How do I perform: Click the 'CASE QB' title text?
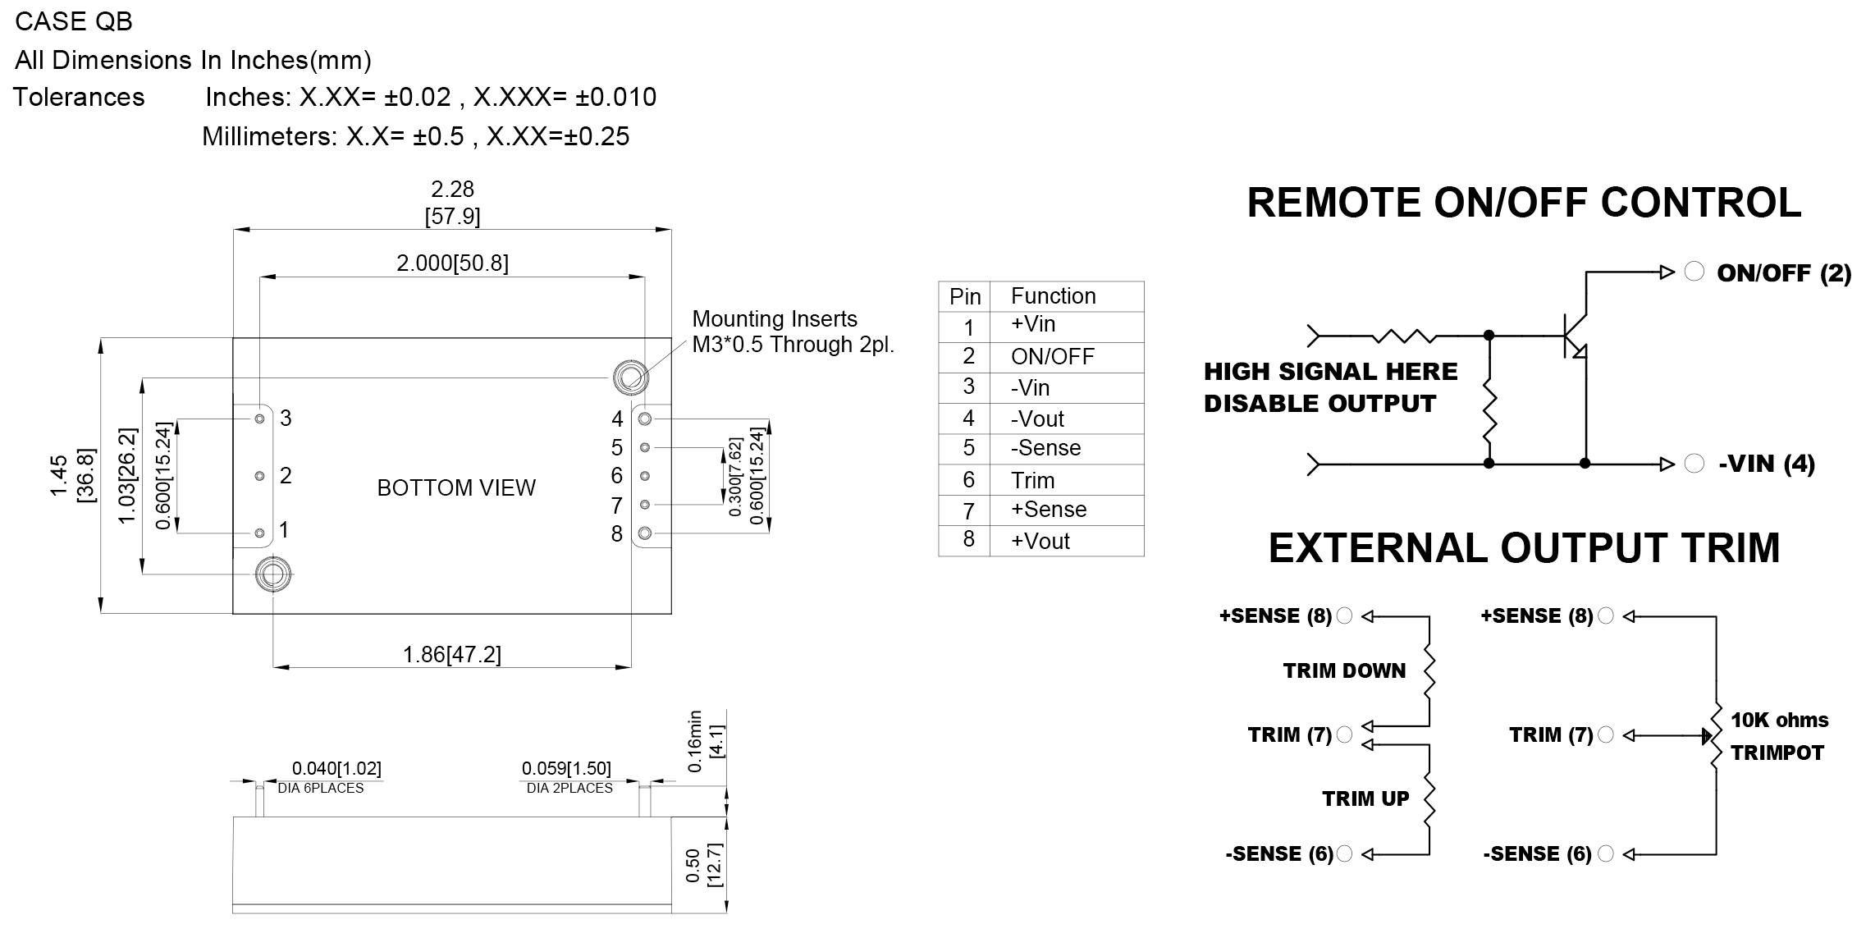pos(74,21)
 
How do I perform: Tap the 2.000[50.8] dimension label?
pos(452,263)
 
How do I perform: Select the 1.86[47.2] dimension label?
pos(452,654)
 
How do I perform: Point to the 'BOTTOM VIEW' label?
pos(456,487)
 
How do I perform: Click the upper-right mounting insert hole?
pos(629,377)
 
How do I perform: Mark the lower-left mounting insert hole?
pos(273,574)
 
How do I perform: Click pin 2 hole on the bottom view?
pos(259,476)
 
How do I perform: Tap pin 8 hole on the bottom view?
pos(645,533)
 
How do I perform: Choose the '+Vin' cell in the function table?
pos(1033,324)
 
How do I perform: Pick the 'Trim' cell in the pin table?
pos(1032,480)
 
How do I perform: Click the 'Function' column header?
pos(1053,295)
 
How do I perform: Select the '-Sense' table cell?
pos(1045,448)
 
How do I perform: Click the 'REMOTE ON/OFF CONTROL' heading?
pos(1524,203)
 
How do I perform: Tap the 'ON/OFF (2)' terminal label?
pos(1784,273)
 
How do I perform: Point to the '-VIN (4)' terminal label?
pos(1767,464)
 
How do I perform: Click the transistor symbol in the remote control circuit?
pos(1574,336)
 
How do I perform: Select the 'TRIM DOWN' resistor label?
pos(1344,670)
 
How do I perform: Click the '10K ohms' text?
pos(1780,720)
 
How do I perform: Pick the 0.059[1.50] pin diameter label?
pos(566,768)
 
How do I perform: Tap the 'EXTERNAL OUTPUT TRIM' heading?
pos(1524,548)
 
